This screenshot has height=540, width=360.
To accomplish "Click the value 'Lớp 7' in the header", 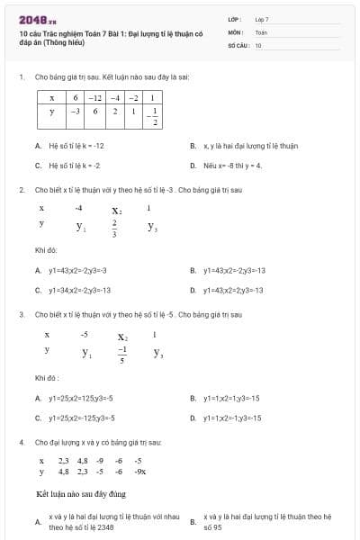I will [262, 18].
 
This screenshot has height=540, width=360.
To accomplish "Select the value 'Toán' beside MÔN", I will [261, 31].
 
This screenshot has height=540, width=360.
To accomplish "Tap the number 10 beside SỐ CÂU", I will [258, 44].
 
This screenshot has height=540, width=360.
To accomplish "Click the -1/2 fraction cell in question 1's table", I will [155, 115].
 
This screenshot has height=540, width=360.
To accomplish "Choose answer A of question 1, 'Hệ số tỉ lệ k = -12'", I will [75, 146].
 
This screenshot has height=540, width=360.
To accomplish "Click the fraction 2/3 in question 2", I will [114, 229].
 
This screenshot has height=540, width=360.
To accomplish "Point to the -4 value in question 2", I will [79, 208].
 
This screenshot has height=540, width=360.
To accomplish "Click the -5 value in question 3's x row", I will [84, 334].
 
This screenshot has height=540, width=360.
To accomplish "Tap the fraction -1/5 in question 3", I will [122, 355].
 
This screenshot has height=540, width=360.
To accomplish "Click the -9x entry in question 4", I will [139, 472].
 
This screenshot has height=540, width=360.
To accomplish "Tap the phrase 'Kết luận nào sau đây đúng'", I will [81, 494].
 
